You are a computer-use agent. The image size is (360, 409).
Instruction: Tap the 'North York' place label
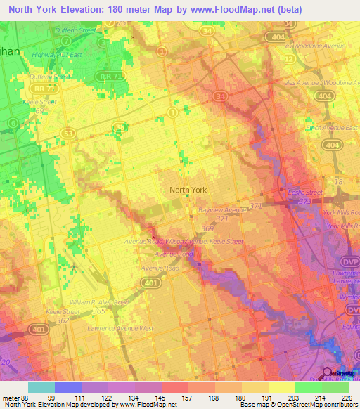coord(188,190)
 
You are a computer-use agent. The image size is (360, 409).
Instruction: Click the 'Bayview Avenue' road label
coord(223,209)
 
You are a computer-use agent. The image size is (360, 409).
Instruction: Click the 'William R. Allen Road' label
coord(100,301)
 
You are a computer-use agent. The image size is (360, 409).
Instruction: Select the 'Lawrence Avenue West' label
coord(120,328)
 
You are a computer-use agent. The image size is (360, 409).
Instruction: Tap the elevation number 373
coord(305,201)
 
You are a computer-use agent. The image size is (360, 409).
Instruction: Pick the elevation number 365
coord(100,310)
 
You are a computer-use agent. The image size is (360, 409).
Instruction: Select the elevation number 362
coord(63,320)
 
